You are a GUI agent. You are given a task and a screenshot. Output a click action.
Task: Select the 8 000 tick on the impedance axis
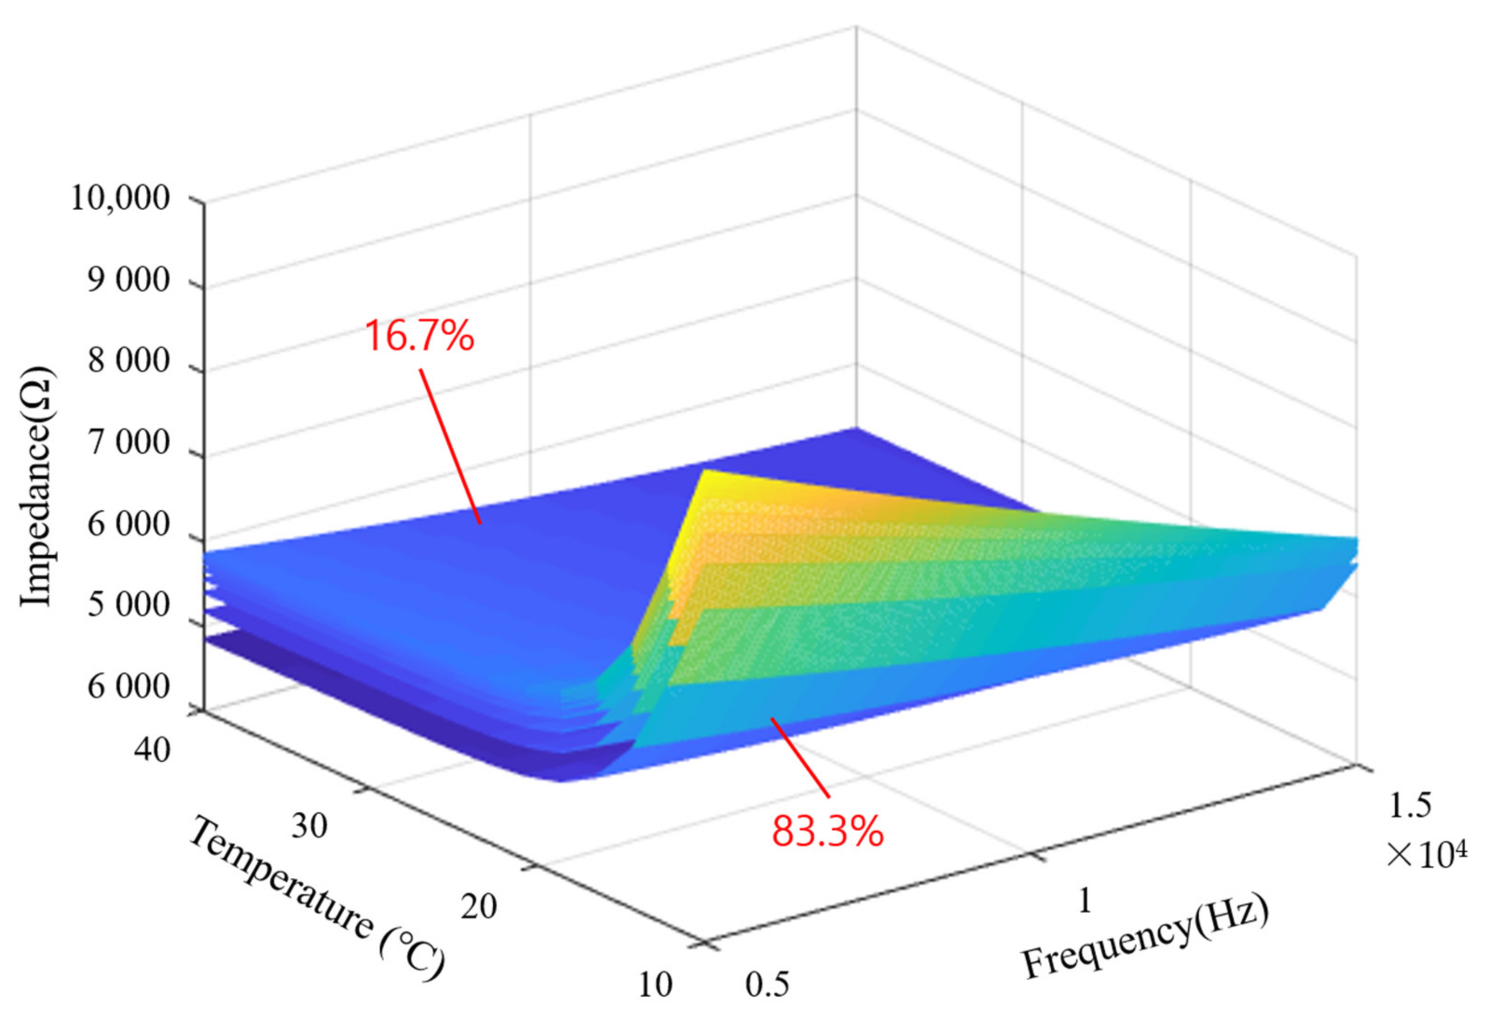tap(129, 363)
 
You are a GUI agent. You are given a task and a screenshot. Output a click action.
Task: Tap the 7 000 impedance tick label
tap(129, 444)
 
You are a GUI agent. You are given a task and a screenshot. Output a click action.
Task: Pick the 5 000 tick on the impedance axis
tap(129, 606)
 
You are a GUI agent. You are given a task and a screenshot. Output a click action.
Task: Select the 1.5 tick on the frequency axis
tap(1409, 807)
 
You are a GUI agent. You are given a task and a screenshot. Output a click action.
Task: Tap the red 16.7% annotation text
tap(420, 336)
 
